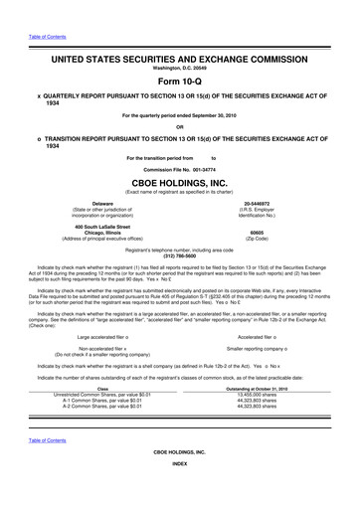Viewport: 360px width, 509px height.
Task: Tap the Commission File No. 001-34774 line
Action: pos(179,170)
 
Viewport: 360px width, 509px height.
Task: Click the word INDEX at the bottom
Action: pos(179,491)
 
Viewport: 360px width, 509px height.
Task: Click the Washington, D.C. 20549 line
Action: pos(179,68)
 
